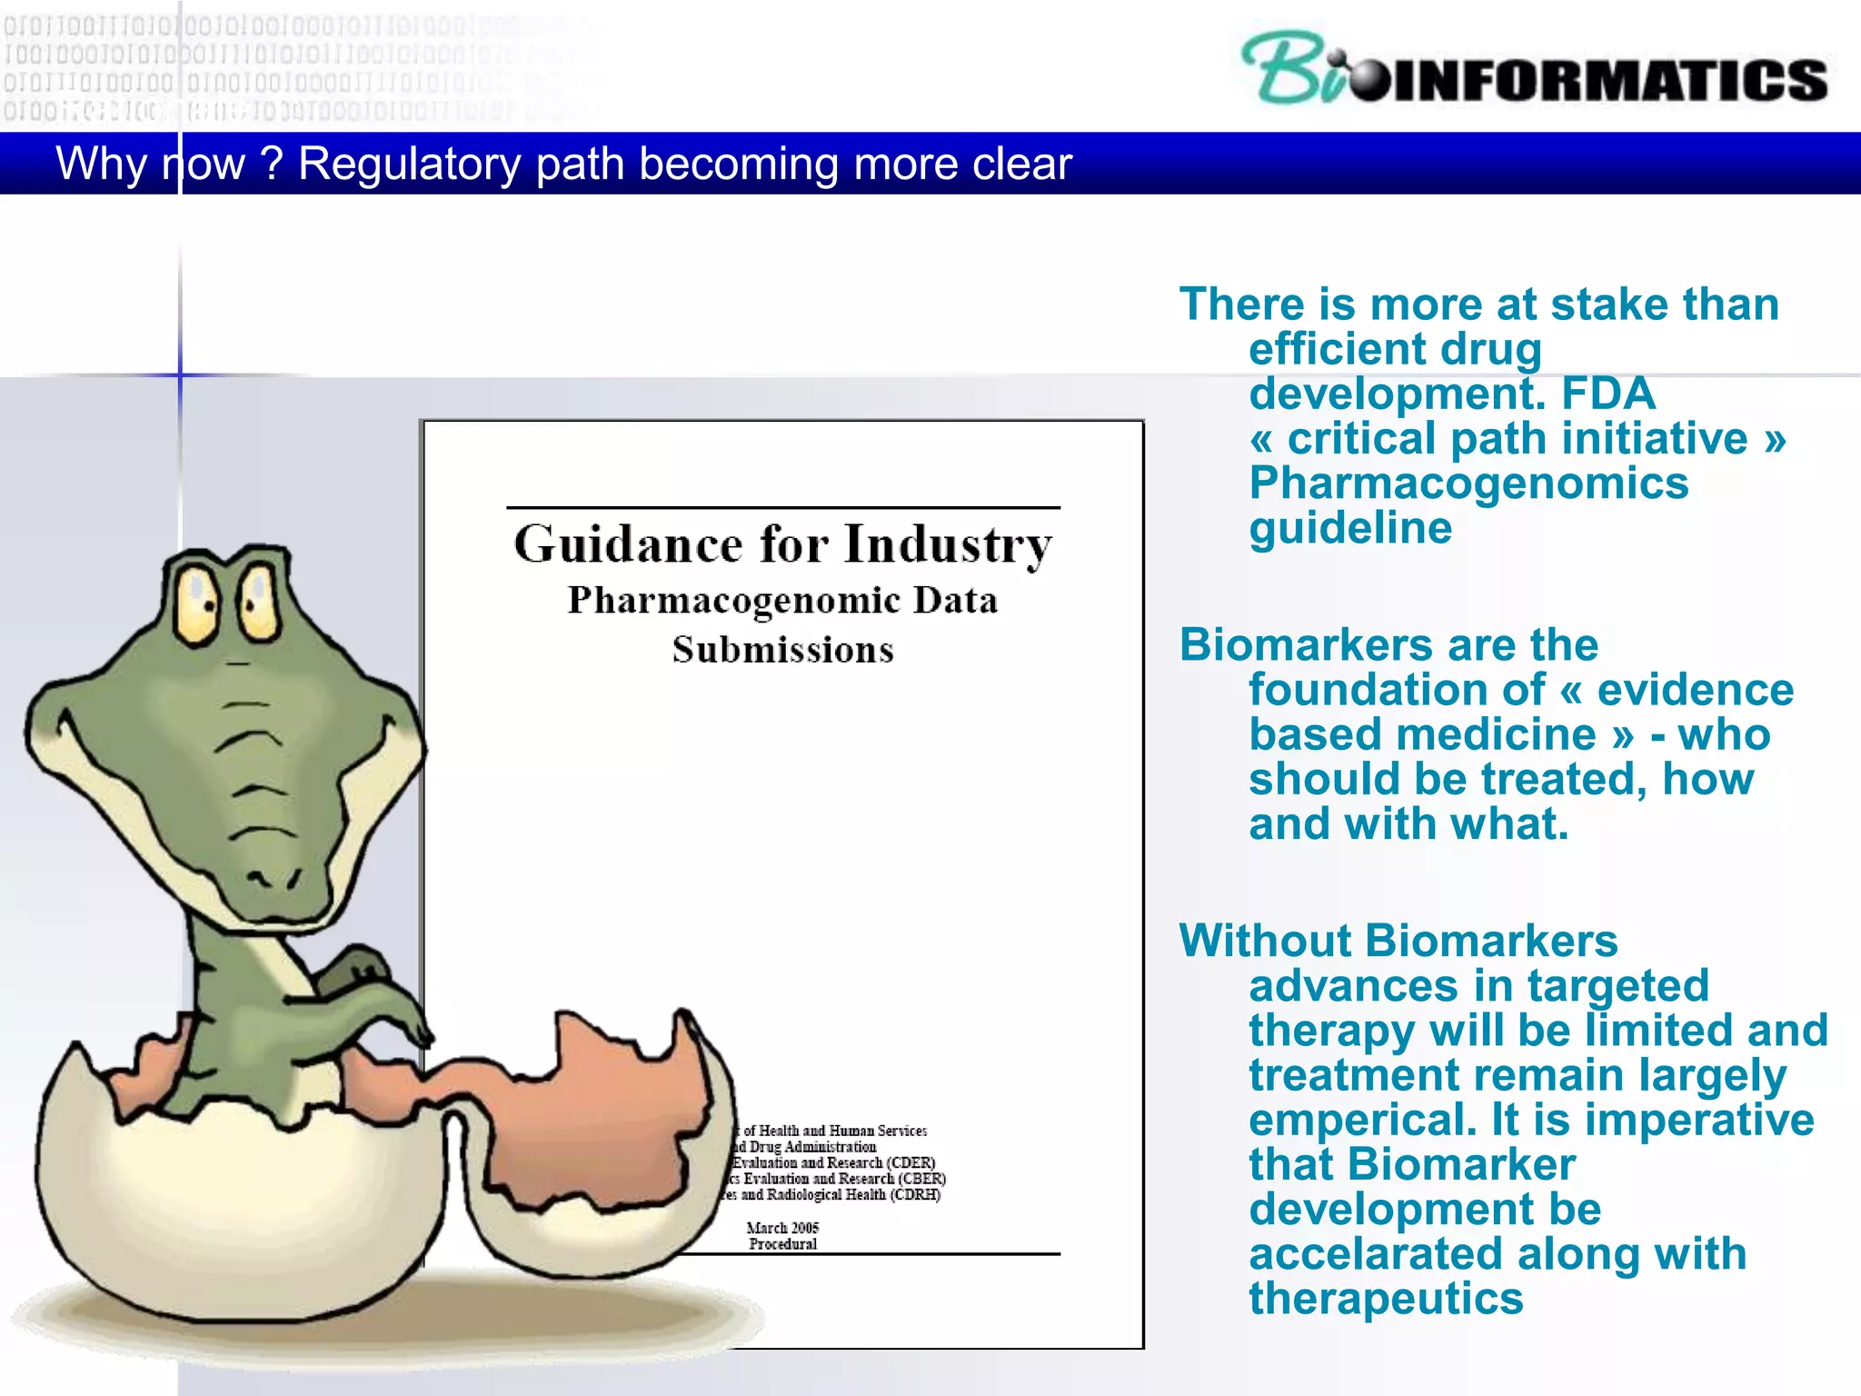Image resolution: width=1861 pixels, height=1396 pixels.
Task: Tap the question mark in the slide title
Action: [x=271, y=165]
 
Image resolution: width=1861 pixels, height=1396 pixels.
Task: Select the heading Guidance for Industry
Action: [x=782, y=544]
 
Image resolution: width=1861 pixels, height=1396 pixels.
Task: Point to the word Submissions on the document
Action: [x=782, y=650]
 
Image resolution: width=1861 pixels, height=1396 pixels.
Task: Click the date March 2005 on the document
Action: [x=782, y=1228]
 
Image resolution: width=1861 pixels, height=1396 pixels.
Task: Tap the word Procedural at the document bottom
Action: [x=782, y=1244]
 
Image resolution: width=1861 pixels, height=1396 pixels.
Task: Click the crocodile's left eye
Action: [x=197, y=604]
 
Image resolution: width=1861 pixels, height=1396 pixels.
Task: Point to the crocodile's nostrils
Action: [x=274, y=878]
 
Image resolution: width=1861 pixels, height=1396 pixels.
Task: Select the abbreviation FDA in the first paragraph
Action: [x=1607, y=394]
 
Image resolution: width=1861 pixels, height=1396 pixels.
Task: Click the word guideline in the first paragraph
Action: [x=1350, y=528]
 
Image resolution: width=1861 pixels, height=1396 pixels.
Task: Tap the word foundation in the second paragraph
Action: [x=1397, y=690]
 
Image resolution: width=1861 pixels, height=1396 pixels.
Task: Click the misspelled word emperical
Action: [x=1362, y=1120]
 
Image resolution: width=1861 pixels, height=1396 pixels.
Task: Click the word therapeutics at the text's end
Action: [x=1386, y=1299]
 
